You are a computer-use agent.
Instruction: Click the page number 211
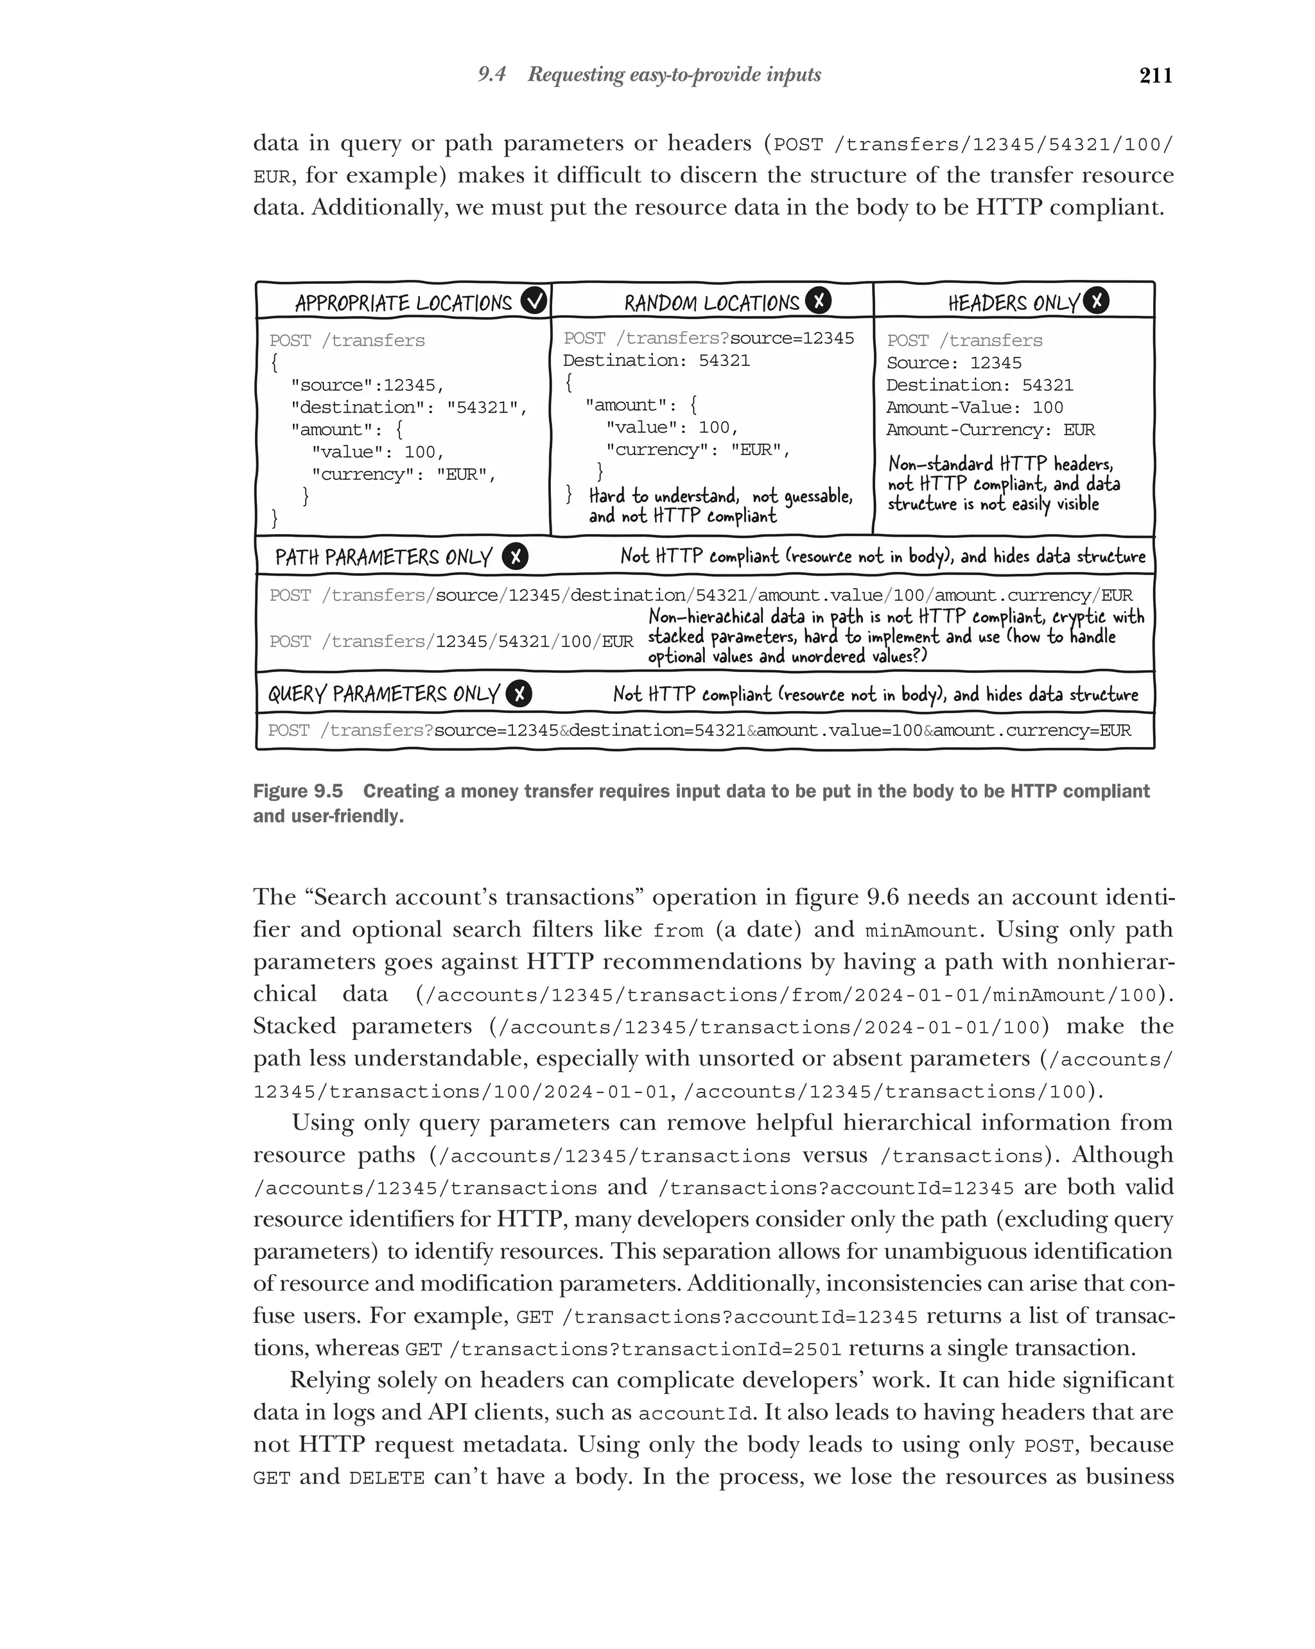(x=1155, y=76)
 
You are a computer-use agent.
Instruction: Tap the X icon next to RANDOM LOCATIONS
(x=819, y=300)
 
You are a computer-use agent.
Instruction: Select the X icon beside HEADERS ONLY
(x=1096, y=300)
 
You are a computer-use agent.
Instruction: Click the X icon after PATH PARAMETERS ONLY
(x=515, y=557)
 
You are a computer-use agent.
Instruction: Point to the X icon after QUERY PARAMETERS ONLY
(x=519, y=694)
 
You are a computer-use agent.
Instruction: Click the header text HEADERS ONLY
(x=1013, y=304)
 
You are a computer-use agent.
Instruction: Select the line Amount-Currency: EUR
(x=990, y=430)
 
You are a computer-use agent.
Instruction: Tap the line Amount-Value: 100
(x=974, y=408)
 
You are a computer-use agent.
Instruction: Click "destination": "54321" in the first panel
(x=408, y=408)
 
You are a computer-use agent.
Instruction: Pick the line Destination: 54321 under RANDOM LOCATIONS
(x=656, y=361)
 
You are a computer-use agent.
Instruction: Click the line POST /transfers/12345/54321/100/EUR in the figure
(x=451, y=642)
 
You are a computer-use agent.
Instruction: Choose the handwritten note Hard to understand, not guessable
(x=720, y=496)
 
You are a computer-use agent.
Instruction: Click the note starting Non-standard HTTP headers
(x=1000, y=464)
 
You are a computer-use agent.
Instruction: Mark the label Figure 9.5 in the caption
(x=297, y=791)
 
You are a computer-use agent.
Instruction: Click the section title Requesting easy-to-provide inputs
(x=674, y=75)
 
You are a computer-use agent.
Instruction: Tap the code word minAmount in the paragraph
(x=921, y=931)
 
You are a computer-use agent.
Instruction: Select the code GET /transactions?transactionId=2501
(x=623, y=1349)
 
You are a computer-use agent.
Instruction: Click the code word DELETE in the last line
(x=387, y=1478)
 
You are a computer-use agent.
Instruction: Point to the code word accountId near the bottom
(x=695, y=1413)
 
